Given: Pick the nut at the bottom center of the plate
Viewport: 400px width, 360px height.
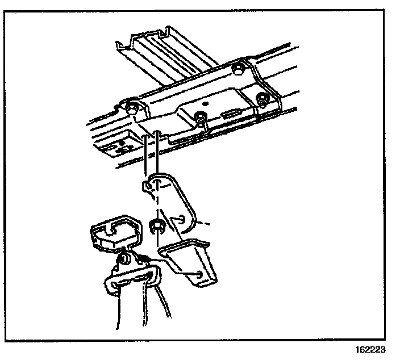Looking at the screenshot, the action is click(201, 119).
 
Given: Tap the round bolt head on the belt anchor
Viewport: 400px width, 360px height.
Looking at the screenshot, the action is click(124, 261).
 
